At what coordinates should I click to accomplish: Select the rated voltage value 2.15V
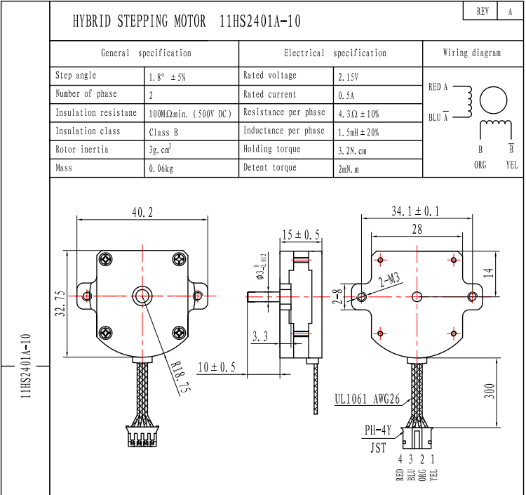pyautogui.click(x=349, y=77)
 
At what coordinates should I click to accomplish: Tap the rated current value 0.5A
pyautogui.click(x=346, y=95)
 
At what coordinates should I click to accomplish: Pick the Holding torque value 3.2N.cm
pyautogui.click(x=352, y=150)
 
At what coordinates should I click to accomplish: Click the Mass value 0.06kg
pyautogui.click(x=161, y=169)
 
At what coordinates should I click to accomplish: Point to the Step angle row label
pyautogui.click(x=76, y=76)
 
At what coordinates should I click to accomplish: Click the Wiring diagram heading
pyautogui.click(x=472, y=53)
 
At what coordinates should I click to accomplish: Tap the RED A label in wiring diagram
pyautogui.click(x=438, y=87)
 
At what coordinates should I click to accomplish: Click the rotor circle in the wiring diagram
pyautogui.click(x=493, y=101)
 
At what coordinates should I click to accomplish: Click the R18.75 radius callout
pyautogui.click(x=181, y=374)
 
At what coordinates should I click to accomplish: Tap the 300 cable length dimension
pyautogui.click(x=490, y=390)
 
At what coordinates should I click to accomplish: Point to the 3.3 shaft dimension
pyautogui.click(x=260, y=338)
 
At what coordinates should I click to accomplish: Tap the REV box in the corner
pyautogui.click(x=482, y=11)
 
